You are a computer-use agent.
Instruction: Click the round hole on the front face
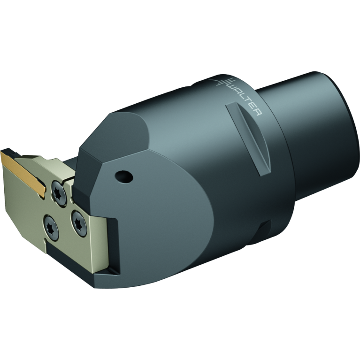point(124,176)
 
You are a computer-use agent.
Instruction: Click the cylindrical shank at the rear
point(319,117)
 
